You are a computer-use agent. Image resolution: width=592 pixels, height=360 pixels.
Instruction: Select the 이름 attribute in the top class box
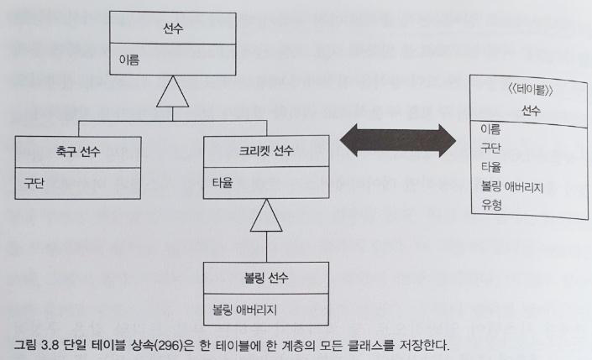[129, 60]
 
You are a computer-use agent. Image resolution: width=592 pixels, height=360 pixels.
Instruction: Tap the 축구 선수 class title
[75, 151]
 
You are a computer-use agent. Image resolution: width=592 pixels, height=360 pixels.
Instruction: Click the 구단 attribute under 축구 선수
[34, 182]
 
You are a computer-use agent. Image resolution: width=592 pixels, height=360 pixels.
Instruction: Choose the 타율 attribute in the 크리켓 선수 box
[223, 182]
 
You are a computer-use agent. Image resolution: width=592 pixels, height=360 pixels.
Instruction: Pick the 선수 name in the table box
[531, 112]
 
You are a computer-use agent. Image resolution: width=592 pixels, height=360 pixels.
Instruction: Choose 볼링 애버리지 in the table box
[512, 185]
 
